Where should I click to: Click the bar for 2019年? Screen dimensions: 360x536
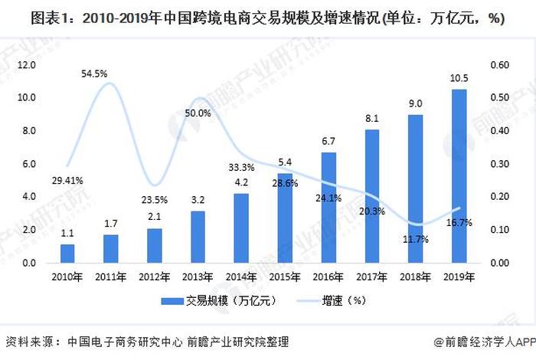(459, 176)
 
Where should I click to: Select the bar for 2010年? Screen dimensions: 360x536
(67, 254)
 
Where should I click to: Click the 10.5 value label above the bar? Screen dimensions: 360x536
(459, 80)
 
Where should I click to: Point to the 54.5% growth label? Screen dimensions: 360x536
(96, 74)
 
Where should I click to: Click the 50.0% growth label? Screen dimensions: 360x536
(198, 113)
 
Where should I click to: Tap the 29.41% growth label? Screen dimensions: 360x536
(67, 181)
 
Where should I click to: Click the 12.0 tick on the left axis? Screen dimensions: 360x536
(28, 65)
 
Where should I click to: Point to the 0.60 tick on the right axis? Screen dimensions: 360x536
(499, 65)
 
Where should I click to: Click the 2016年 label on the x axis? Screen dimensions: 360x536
(328, 277)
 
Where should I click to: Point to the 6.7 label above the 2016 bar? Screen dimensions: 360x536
(328, 142)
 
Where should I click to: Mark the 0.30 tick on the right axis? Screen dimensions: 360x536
(499, 164)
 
